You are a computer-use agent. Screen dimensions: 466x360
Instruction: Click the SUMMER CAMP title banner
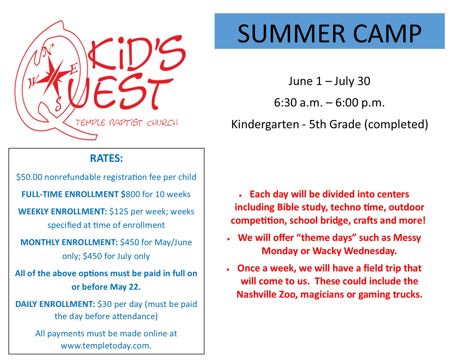329,31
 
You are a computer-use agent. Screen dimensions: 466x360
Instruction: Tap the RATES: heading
106,158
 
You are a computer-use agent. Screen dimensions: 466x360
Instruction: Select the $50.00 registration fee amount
29,177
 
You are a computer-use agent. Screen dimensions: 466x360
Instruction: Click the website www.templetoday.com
106,346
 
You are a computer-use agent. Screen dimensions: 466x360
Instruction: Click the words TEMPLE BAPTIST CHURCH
127,123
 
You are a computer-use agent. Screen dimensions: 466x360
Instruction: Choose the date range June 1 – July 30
329,81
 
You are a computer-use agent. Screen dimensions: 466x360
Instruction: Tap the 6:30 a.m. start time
298,103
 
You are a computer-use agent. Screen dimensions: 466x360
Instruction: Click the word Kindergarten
265,124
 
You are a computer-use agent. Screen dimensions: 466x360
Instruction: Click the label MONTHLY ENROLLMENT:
69,242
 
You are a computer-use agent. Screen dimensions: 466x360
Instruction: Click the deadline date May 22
125,287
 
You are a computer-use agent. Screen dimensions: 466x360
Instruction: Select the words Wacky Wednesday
355,251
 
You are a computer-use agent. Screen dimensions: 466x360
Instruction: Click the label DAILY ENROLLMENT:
55,304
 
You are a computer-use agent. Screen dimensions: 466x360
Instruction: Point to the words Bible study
302,208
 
